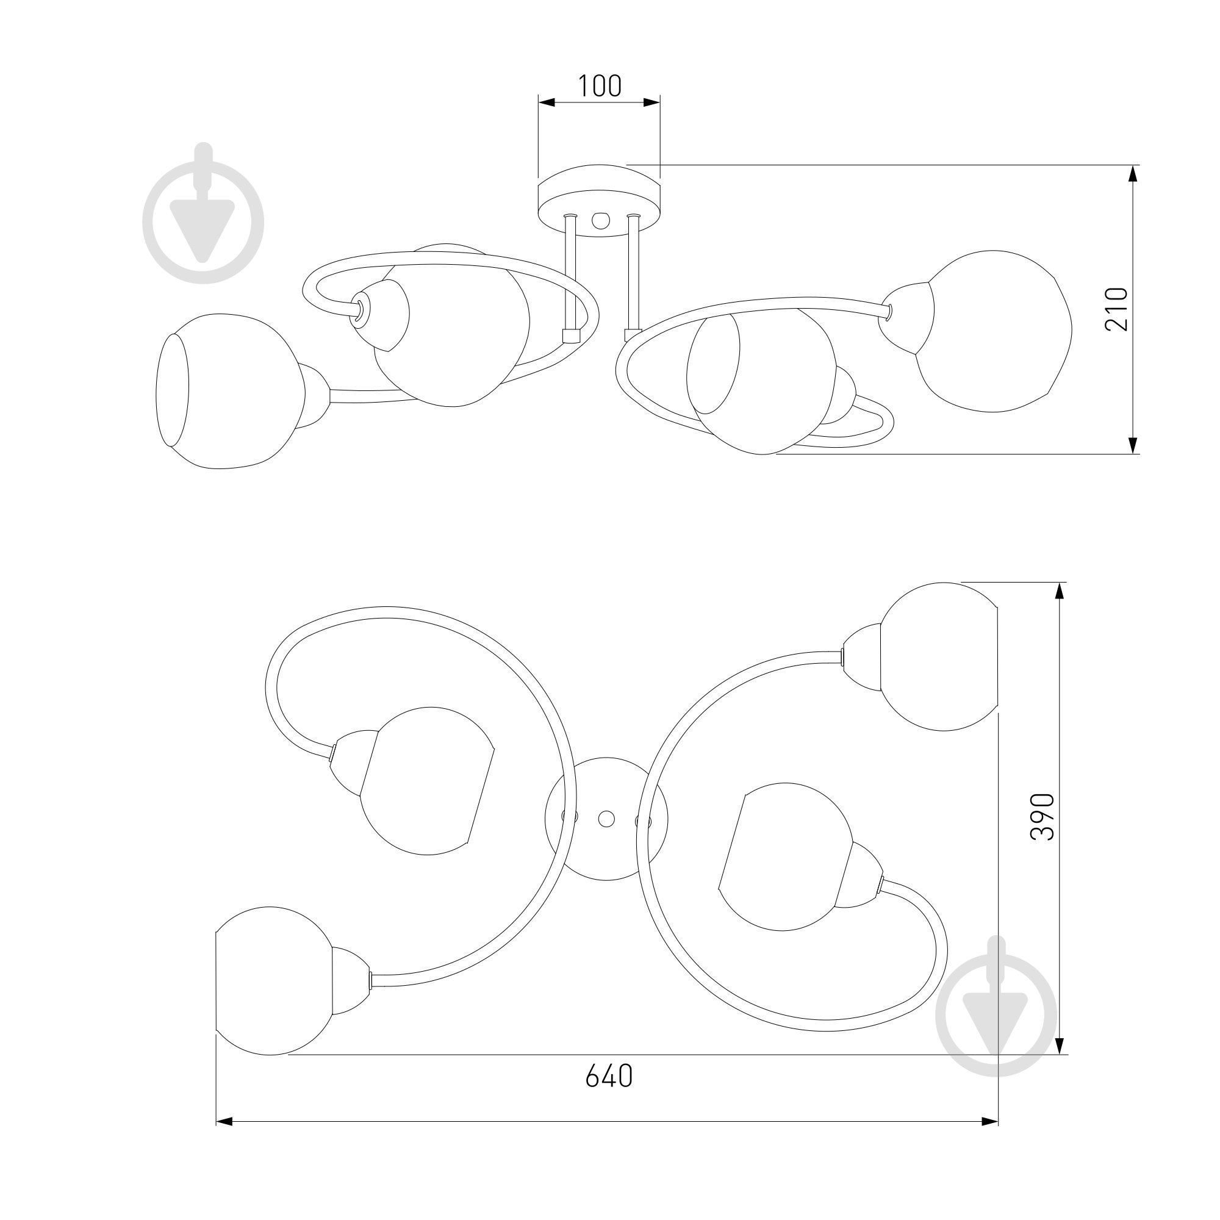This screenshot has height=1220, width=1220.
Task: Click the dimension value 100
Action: tap(600, 86)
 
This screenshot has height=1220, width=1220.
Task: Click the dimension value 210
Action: tap(1116, 309)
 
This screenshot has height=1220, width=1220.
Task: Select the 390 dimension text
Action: tap(1042, 817)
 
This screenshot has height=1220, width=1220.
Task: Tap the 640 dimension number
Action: tap(609, 1075)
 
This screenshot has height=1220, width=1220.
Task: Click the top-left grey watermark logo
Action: tap(203, 213)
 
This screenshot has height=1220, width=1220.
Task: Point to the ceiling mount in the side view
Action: tap(599, 200)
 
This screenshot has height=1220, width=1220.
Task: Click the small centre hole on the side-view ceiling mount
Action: tap(599, 220)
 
